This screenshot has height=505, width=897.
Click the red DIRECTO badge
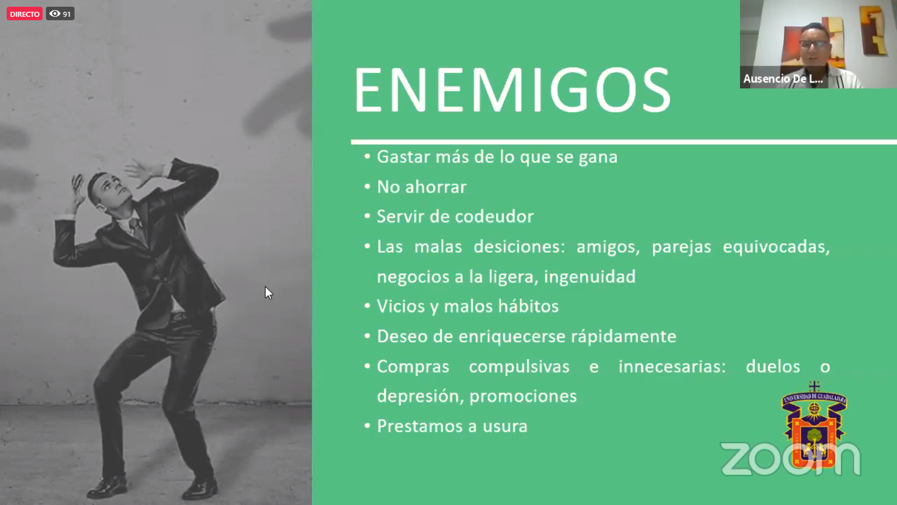coord(25,14)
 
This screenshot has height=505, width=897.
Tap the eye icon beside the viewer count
coord(54,13)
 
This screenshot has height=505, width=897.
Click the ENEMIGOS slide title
coord(512,90)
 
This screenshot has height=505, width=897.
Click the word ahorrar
coord(436,187)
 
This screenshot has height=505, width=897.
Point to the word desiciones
coord(519,246)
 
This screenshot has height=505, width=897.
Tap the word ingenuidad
coord(589,277)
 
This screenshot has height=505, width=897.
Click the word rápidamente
coord(623,337)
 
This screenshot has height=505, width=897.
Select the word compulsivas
coord(519,367)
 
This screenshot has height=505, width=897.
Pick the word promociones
coord(523,396)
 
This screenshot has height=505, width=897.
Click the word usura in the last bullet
coord(505,426)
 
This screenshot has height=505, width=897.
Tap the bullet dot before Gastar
coord(367,157)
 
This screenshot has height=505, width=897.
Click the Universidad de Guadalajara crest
coord(814,425)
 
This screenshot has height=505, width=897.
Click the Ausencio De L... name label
coord(783,79)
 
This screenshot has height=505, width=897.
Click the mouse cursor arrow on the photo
coord(269,293)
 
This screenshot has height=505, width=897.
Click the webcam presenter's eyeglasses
coord(815,44)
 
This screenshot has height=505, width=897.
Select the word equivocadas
coord(776,247)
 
